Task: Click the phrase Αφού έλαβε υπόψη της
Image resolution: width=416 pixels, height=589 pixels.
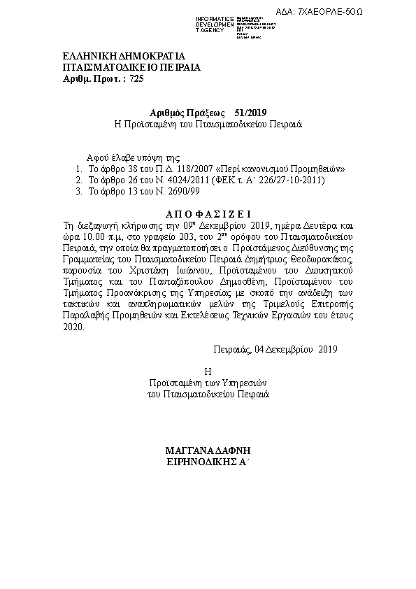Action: pos(133,158)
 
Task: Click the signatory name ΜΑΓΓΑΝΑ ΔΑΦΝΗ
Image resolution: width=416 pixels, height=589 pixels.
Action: pos(208,450)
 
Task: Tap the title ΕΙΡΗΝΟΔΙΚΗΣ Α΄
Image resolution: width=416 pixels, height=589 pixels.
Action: pos(208,461)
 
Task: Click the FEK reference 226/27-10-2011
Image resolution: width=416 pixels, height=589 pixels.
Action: pos(286,180)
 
